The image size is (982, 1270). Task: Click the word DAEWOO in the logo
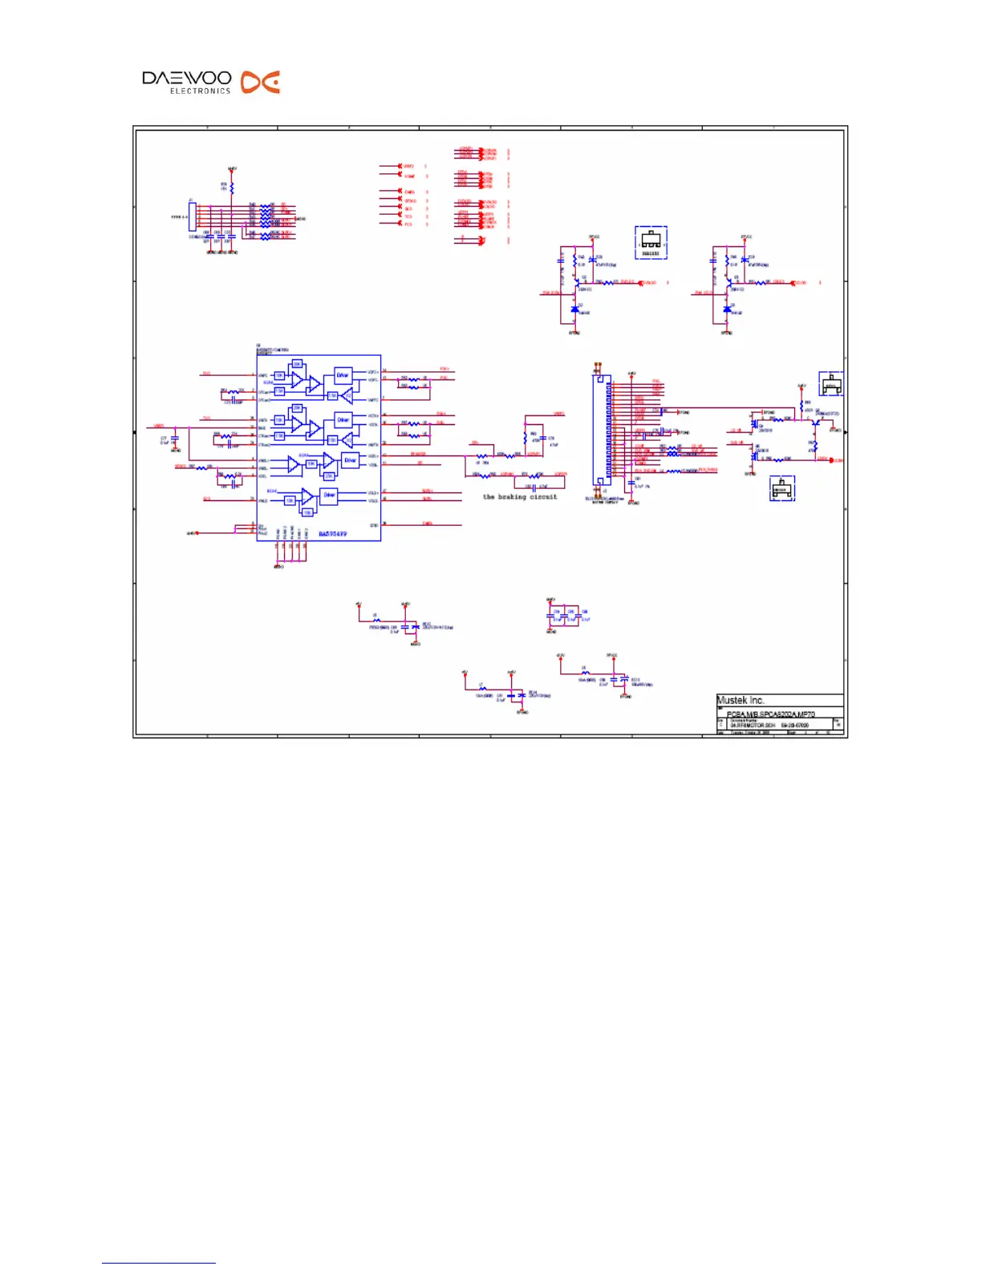pos(186,79)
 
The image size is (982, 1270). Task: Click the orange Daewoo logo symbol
pos(261,82)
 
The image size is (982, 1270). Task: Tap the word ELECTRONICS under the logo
pos(200,91)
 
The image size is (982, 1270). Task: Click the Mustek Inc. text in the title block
pos(740,700)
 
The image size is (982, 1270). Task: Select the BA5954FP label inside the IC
pos(332,533)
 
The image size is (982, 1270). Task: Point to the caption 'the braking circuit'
pos(519,497)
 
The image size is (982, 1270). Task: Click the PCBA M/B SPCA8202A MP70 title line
pos(770,714)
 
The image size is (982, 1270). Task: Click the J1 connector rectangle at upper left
pos(193,216)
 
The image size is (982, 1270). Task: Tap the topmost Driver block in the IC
pos(343,375)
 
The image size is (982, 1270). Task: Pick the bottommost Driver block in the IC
pos(329,495)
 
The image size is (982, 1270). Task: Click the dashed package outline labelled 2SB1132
pos(651,242)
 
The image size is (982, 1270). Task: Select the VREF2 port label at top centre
pos(408,167)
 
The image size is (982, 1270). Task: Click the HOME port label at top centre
pos(409,176)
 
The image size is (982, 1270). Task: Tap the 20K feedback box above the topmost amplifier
pos(297,364)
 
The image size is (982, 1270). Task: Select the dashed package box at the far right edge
pos(831,383)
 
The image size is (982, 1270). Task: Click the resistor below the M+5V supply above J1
pos(232,188)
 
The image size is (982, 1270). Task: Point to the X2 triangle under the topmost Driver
pos(346,395)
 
